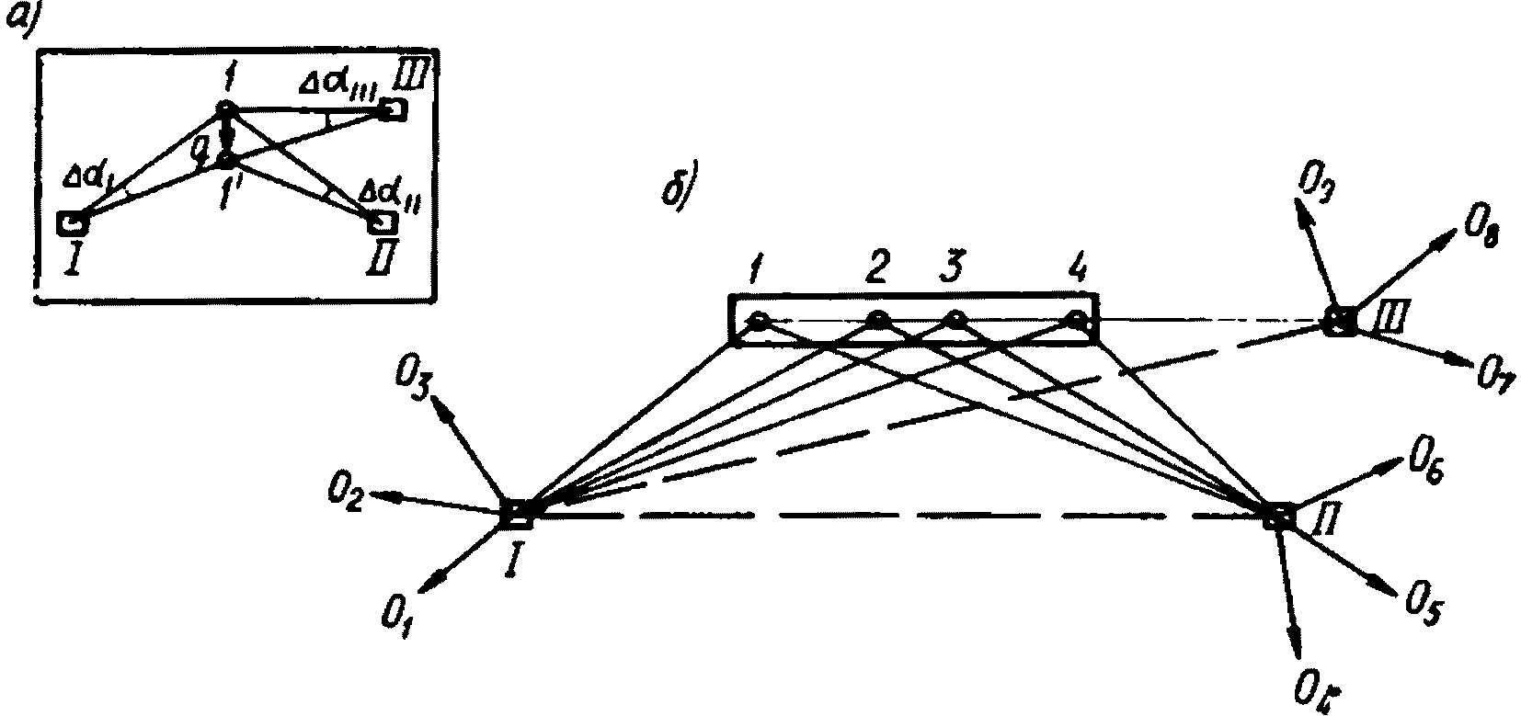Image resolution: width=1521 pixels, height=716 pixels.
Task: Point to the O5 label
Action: click(1422, 608)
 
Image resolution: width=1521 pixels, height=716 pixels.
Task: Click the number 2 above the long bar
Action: click(875, 269)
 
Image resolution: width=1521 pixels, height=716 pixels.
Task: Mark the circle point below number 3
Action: click(956, 321)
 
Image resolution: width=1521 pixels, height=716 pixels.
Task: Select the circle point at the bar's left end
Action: click(758, 321)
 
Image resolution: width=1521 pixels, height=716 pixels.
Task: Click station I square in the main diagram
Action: click(518, 514)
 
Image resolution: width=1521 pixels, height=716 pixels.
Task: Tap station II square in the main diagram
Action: click(1278, 516)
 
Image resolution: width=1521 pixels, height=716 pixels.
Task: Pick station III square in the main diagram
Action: click(1341, 323)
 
